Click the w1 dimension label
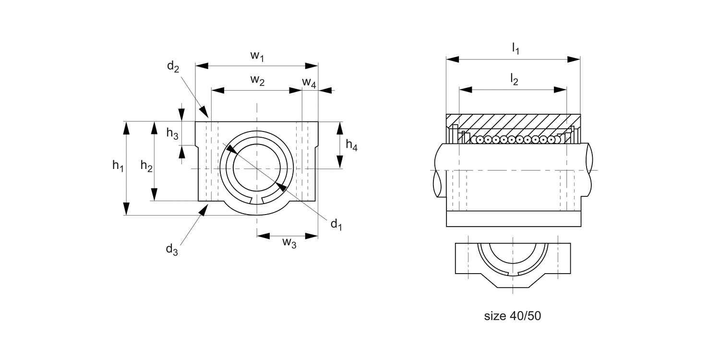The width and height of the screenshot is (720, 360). pos(257,56)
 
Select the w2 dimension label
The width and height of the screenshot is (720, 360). pos(257,80)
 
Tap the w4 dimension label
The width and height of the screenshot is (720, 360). pos(309,83)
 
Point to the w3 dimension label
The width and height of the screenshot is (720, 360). pos(289,243)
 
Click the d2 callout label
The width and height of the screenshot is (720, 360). pos(173,67)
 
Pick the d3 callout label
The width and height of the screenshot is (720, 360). pos(172,250)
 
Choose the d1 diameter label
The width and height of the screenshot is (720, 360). pos(336,224)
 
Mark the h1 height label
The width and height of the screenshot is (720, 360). pos(118,166)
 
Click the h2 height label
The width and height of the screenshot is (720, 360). pos(146,166)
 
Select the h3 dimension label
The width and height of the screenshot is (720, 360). pos(172,133)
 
